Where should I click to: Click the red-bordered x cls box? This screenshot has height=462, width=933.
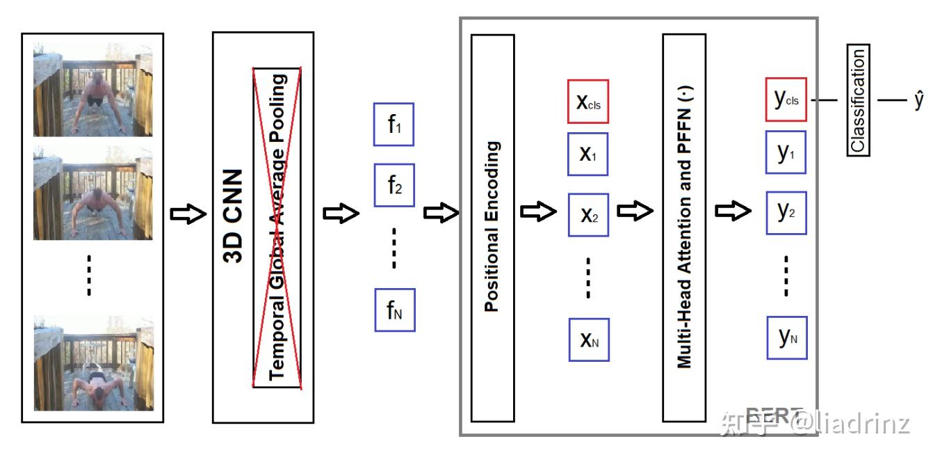(588, 101)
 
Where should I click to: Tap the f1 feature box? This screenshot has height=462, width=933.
(394, 125)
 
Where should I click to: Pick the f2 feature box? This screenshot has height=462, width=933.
(394, 185)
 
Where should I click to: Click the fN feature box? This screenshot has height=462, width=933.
(394, 310)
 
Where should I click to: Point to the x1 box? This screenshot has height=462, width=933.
(588, 154)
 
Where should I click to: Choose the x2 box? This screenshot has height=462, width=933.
(588, 215)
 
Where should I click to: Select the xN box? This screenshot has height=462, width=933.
(588, 340)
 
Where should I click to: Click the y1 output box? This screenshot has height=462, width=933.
(786, 152)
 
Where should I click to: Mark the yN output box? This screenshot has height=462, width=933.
(786, 337)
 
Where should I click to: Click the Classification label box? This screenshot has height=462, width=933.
(858, 100)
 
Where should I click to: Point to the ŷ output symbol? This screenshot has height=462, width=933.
(919, 100)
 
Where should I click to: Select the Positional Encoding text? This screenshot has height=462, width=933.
(492, 226)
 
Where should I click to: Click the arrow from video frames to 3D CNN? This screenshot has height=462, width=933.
(188, 214)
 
